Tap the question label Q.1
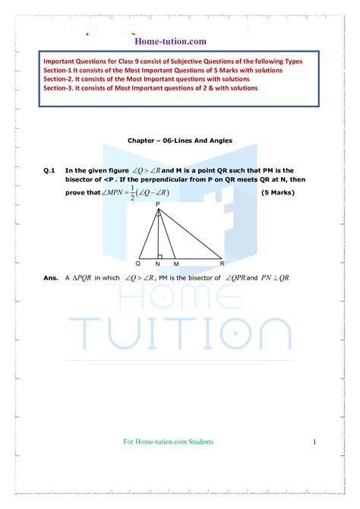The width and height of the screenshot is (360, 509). (x=50, y=171)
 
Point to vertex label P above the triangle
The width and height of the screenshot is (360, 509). (x=158, y=204)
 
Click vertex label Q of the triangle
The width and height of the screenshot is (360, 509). (x=137, y=263)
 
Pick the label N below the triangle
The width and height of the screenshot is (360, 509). (x=157, y=263)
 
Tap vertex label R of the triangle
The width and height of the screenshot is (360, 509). (x=222, y=263)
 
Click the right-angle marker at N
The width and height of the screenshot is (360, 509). (x=160, y=254)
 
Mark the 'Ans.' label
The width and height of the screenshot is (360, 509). (x=51, y=278)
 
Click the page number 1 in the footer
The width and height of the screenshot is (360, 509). (x=313, y=442)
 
